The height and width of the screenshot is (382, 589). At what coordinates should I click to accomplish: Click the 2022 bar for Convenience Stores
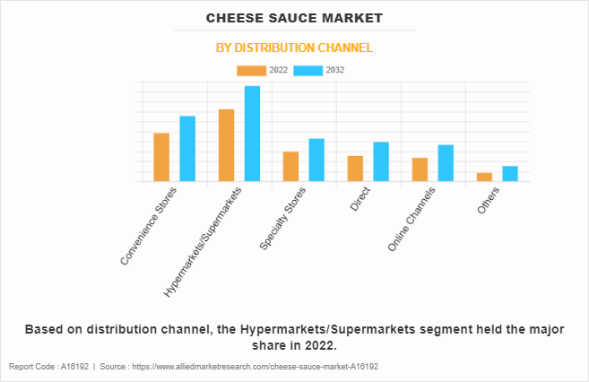[x=161, y=157]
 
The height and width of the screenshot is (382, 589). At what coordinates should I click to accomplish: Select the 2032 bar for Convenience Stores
[x=187, y=149]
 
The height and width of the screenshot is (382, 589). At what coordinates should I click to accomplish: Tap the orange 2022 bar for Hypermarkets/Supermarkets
[x=226, y=145]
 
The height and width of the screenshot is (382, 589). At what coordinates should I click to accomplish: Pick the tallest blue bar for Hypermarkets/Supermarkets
[x=252, y=134]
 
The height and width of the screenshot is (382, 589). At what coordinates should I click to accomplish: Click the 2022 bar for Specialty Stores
[x=290, y=167]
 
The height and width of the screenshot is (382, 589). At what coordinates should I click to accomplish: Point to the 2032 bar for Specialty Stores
[x=316, y=160]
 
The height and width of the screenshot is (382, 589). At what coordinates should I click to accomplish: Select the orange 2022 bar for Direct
[x=355, y=169]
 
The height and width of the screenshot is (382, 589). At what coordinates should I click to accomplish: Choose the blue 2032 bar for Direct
[x=381, y=161]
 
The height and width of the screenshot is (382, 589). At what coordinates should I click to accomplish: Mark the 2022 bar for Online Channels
[x=420, y=169]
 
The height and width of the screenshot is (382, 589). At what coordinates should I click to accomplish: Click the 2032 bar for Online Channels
[x=446, y=163]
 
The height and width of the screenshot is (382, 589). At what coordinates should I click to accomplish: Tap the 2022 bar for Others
[x=484, y=177]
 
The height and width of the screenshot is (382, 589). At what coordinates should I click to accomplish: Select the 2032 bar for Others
[x=510, y=174]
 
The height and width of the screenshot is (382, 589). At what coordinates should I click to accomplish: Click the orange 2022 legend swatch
[x=251, y=70]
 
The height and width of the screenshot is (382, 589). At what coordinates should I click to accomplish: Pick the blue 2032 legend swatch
[x=307, y=70]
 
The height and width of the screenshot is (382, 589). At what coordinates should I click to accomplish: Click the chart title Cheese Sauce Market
[x=294, y=17]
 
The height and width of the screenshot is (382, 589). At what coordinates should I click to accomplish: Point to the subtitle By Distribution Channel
[x=294, y=48]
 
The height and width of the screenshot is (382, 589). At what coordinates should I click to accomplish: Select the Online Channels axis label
[x=412, y=221]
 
